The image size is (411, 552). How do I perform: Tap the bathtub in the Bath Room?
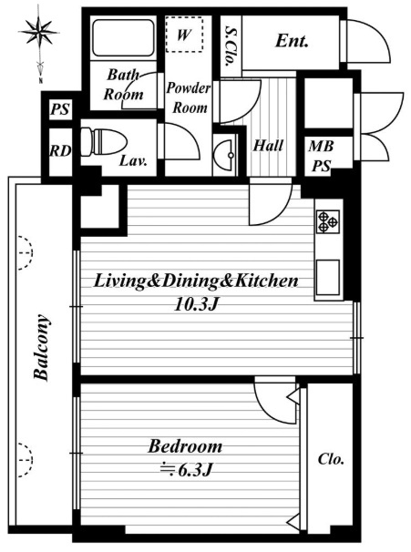[x=124, y=37]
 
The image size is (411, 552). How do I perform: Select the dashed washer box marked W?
[x=184, y=35]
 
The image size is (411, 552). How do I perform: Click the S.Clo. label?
[x=231, y=46]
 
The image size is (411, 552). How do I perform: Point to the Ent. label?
[x=292, y=41]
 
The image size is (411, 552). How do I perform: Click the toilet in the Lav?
[x=103, y=141]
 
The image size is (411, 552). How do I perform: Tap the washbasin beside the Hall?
[x=225, y=155]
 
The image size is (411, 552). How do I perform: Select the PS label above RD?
[x=60, y=109]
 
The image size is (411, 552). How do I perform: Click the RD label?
[x=60, y=151]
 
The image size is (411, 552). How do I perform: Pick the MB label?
[x=321, y=146]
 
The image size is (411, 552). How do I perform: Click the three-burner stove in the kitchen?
[x=328, y=221]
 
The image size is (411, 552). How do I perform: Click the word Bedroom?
[x=185, y=446]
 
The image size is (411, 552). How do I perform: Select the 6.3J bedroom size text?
[x=186, y=470]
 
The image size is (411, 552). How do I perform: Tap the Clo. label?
[x=331, y=459]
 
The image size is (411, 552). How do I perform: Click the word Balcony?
[x=42, y=347]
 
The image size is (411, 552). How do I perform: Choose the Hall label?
[x=268, y=146]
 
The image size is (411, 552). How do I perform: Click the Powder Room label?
[x=189, y=97]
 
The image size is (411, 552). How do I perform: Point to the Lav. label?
[x=133, y=161]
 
